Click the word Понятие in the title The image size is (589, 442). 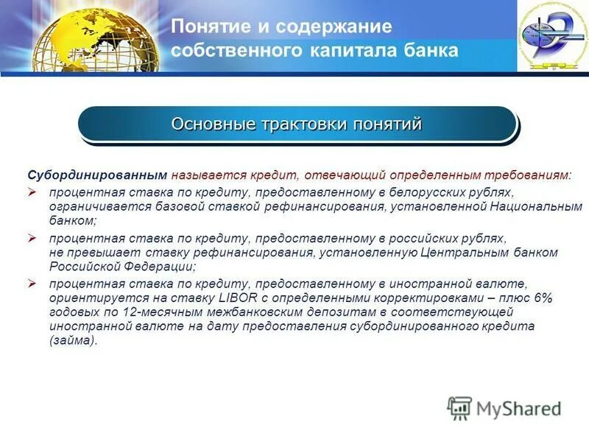point(205,27)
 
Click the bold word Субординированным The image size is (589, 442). point(98,176)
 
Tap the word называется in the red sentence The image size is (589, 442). point(208,176)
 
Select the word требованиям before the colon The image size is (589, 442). point(526,176)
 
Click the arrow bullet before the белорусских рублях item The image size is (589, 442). point(32,192)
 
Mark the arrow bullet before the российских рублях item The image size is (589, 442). point(32,239)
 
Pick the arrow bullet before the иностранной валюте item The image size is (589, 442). point(32,284)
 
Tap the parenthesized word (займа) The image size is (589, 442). point(73,340)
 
